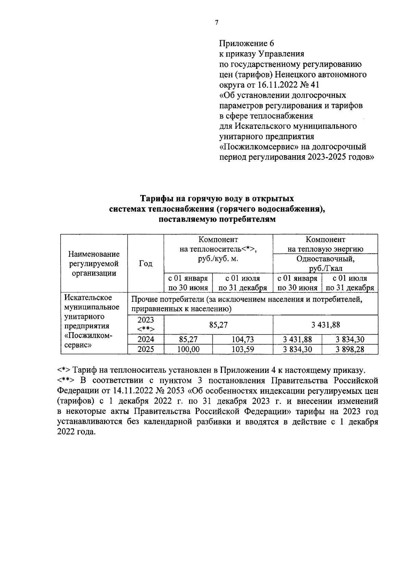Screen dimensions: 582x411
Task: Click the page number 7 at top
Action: point(216,23)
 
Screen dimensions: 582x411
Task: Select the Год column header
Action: point(146,264)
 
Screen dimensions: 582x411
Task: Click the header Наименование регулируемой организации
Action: point(94,264)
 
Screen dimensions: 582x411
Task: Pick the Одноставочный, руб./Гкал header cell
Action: point(325,263)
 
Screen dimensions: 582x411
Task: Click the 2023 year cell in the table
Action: point(146,324)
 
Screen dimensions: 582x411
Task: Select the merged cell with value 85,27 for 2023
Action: point(218,325)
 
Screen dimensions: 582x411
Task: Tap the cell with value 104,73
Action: point(242,339)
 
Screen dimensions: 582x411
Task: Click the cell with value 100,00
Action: point(188,349)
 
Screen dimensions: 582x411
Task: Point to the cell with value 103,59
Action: point(242,349)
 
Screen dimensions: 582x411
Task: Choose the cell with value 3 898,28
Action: point(350,349)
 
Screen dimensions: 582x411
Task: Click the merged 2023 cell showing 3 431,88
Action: point(325,325)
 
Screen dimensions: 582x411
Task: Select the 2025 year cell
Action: point(146,349)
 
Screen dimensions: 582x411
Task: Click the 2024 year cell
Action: point(146,339)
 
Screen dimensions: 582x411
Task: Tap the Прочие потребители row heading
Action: point(247,304)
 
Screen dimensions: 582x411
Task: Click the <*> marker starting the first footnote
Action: point(64,370)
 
